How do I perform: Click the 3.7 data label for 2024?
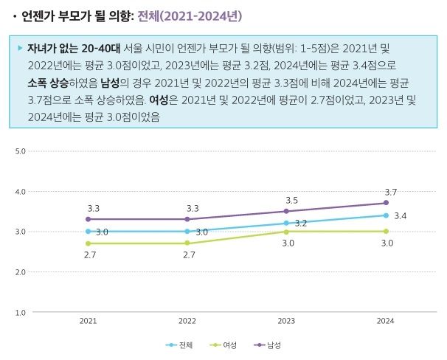coord(390,192)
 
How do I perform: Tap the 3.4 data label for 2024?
coord(401,216)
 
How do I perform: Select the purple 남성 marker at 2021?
coord(88,219)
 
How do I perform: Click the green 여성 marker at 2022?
coord(187,243)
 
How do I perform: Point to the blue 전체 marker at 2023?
coord(286,223)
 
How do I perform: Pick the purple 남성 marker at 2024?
coord(386,203)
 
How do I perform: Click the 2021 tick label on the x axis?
coord(88,322)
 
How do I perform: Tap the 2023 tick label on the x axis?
coord(286,322)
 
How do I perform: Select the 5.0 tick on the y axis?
coord(21,151)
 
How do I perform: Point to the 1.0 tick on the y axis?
coord(21,312)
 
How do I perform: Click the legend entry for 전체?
coord(180,345)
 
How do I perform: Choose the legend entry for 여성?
coord(224,345)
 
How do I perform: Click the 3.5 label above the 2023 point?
coord(291,200)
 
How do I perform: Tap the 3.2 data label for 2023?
coord(301,223)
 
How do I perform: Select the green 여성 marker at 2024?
coord(386,231)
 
